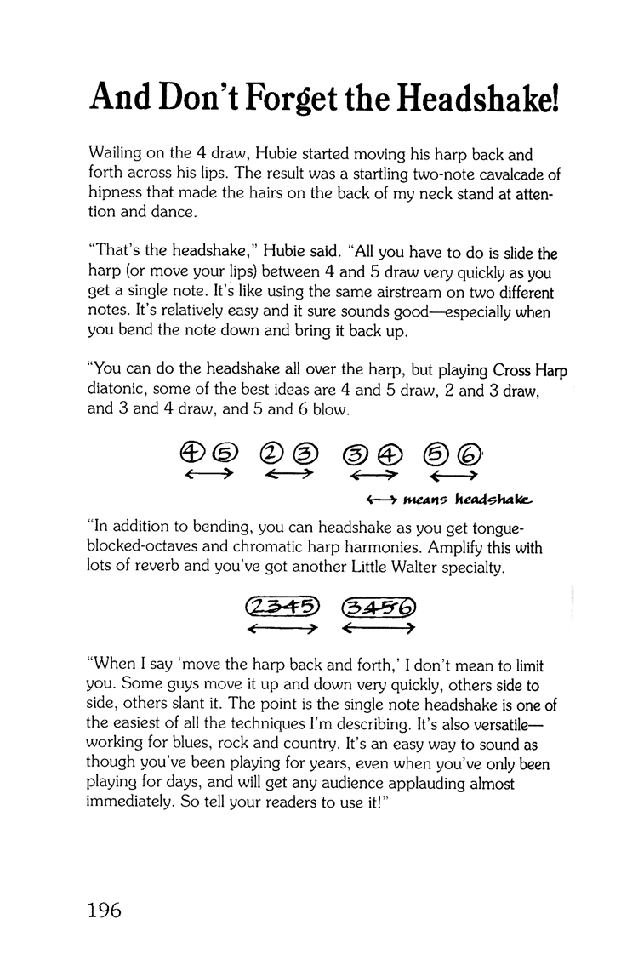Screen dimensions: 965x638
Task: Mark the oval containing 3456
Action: coord(377,606)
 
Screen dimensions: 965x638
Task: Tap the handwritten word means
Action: coord(421,498)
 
